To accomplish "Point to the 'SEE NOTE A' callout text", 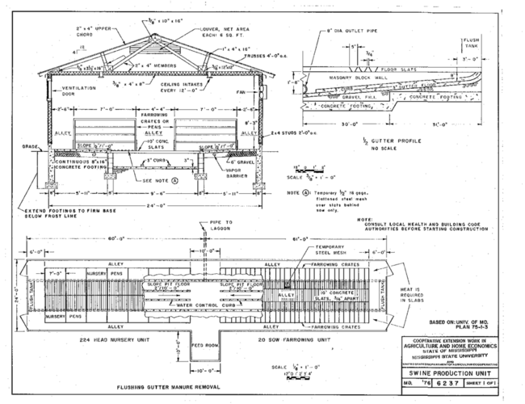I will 159,181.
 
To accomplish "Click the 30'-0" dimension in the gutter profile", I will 352,124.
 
